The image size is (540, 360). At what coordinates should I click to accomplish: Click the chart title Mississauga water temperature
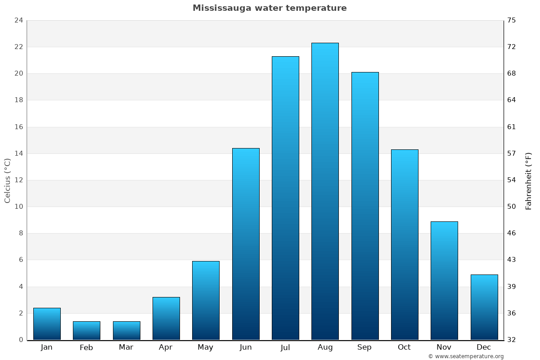(270, 8)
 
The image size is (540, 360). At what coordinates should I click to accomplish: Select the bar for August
(325, 191)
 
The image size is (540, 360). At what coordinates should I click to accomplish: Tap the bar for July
(285, 198)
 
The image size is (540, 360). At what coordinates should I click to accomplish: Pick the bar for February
(86, 331)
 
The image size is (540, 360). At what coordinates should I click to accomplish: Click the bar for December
(484, 307)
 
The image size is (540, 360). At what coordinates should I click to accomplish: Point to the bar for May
(206, 301)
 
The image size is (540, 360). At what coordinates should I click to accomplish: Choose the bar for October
(405, 244)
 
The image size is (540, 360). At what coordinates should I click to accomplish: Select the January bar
(47, 324)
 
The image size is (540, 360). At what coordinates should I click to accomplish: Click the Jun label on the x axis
(246, 347)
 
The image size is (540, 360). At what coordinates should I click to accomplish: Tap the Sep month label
(364, 347)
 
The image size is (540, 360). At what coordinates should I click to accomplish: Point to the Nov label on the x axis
(444, 347)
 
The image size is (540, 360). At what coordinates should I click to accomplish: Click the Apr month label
(166, 347)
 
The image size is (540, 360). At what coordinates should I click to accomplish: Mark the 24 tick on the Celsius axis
(18, 20)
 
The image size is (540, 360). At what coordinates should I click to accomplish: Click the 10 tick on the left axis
(18, 207)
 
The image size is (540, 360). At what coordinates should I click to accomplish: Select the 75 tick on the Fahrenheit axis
(512, 20)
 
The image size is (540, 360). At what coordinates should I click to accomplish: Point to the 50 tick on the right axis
(512, 207)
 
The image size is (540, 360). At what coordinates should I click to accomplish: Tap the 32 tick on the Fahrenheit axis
(512, 340)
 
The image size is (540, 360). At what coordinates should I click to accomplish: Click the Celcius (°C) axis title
(8, 180)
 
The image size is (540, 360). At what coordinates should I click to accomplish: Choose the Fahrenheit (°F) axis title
(529, 181)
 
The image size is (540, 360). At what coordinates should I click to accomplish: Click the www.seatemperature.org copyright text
(466, 356)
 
